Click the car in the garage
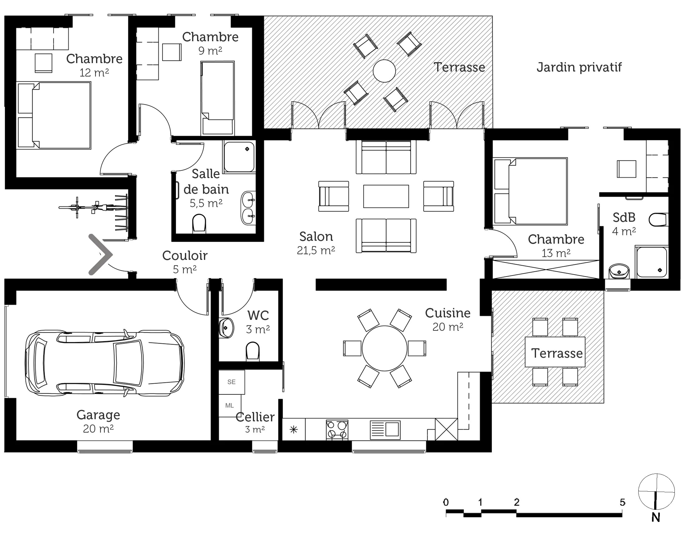tap(104, 363)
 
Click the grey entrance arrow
tap(100, 255)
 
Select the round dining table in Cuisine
tap(384, 348)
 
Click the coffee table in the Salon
tap(386, 196)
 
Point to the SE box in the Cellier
tap(231, 382)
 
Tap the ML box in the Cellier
tap(229, 406)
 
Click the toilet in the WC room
tap(253, 351)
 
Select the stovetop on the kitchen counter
tap(337, 430)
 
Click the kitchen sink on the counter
tap(385, 430)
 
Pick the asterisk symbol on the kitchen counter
tap(294, 429)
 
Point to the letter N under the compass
tap(655, 518)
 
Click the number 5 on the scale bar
tap(623, 502)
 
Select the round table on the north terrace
tap(384, 71)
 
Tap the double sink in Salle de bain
tap(248, 208)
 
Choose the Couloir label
tap(185, 256)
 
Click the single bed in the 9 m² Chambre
tap(217, 98)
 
